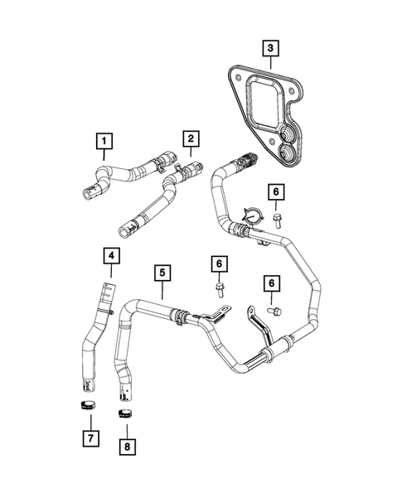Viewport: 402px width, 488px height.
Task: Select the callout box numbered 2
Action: point(190,138)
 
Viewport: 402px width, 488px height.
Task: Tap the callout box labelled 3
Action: point(269,48)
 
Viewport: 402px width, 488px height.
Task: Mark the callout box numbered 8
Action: point(127,447)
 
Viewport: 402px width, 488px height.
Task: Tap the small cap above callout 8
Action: point(125,412)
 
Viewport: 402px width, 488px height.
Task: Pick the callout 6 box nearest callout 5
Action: point(219,264)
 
